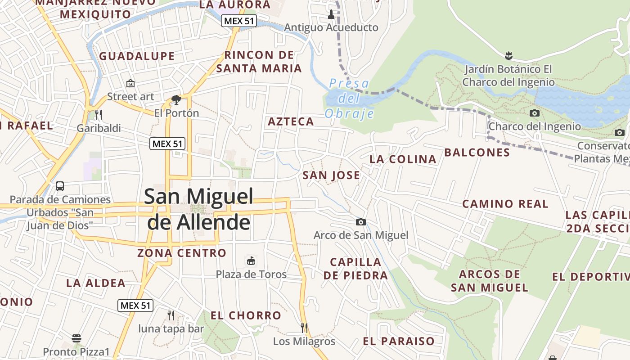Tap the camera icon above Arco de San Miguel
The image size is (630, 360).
(360, 222)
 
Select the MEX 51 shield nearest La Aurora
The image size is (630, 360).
(238, 21)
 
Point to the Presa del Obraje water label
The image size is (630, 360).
(349, 99)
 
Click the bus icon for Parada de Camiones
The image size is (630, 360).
(60, 186)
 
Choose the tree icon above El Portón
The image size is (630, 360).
(176, 99)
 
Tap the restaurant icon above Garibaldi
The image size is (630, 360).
(99, 115)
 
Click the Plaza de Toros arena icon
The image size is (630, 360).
(251, 261)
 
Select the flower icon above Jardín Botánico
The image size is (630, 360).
(508, 56)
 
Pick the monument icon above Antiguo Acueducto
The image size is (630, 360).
(331, 14)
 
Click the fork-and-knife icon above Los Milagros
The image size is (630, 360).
(304, 328)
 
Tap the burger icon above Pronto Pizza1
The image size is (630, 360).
(76, 338)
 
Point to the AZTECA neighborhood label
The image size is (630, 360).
(291, 121)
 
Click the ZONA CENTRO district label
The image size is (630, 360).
(182, 253)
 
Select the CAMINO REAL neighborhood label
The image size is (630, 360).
(505, 204)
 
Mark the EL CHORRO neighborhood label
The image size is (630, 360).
(246, 315)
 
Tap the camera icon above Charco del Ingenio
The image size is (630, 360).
(535, 113)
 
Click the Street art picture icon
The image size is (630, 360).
(130, 83)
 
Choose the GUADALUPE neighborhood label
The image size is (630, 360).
(137, 56)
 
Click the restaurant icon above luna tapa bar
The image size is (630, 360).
(171, 315)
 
